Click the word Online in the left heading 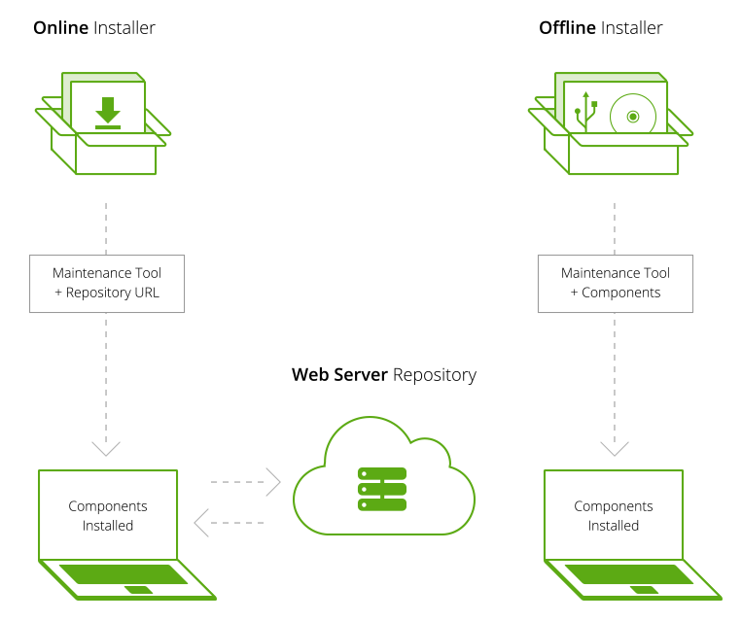click(60, 28)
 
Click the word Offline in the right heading click(567, 28)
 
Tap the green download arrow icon click(108, 113)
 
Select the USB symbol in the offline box click(585, 112)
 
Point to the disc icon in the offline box click(633, 117)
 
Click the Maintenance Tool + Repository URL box click(107, 284)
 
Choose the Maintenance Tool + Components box click(616, 284)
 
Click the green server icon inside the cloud click(382, 489)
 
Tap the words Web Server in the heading click(339, 374)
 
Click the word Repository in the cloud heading click(435, 375)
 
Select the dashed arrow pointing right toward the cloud click(246, 482)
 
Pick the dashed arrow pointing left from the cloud click(230, 523)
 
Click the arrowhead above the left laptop click(106, 448)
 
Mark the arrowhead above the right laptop click(615, 448)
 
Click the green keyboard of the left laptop click(124, 574)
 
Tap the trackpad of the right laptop click(645, 590)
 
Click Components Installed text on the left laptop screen click(108, 515)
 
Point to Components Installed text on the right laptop click(614, 515)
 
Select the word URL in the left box click(147, 293)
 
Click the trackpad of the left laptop click(139, 590)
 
